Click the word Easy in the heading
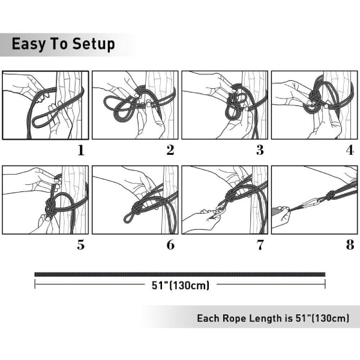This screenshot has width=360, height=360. click(28, 44)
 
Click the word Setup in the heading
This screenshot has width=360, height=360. click(94, 44)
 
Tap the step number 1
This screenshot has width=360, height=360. click(80, 151)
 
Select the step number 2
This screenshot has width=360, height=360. click(170, 150)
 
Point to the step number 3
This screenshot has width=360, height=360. click(260, 150)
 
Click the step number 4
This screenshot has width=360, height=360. click(350, 150)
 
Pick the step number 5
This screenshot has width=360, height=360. click(80, 245)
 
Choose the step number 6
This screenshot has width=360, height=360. click(170, 245)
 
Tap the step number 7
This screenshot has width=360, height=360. click(260, 245)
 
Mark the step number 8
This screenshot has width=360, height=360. click(350, 245)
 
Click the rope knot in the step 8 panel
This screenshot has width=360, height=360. click(330, 196)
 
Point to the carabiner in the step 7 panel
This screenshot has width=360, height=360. click(218, 211)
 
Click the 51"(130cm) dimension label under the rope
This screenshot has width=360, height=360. click(181, 286)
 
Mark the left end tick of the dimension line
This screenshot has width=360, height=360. click(35, 284)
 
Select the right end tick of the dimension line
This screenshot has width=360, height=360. click(325, 284)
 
